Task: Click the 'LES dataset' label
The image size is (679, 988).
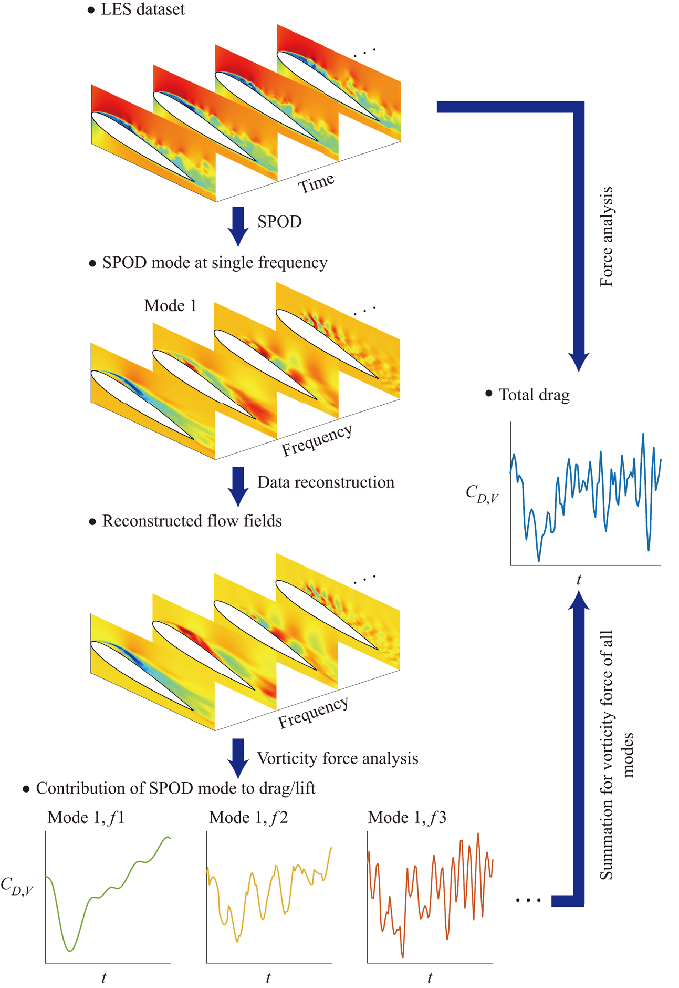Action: point(142,9)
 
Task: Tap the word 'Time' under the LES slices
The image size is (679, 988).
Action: point(316,183)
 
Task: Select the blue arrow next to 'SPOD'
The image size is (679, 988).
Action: point(238,227)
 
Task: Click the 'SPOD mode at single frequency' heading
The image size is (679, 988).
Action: point(214,262)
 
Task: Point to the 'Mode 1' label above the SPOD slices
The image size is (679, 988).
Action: point(170,305)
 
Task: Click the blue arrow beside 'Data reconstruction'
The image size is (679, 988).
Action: point(238,486)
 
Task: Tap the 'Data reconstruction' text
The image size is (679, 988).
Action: point(326,482)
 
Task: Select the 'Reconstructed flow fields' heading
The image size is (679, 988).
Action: point(192,521)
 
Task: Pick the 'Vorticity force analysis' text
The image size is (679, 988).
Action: point(337,758)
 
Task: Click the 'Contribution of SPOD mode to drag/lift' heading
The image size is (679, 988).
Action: point(175,788)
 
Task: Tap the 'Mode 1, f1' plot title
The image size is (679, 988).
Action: point(86,817)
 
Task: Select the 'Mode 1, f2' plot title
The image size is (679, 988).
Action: point(248,817)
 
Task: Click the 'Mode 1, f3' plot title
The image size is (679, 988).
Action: point(407,817)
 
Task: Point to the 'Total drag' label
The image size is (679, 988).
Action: point(534,395)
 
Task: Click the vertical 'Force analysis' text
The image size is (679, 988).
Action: point(607,236)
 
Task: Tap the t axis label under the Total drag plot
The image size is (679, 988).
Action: point(579,580)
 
